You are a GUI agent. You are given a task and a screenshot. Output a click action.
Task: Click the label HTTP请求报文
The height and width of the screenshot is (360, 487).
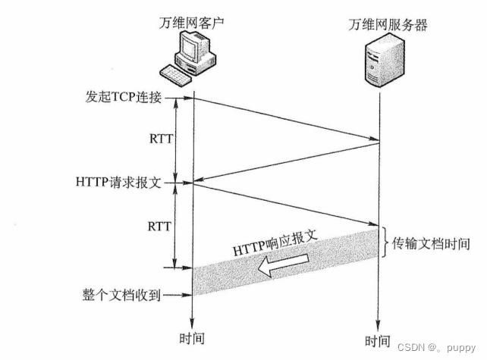point(118,183)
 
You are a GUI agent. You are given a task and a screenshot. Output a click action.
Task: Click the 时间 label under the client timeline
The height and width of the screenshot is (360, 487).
point(193,339)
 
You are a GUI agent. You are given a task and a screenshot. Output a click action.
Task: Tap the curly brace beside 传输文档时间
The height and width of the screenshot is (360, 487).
point(386,243)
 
